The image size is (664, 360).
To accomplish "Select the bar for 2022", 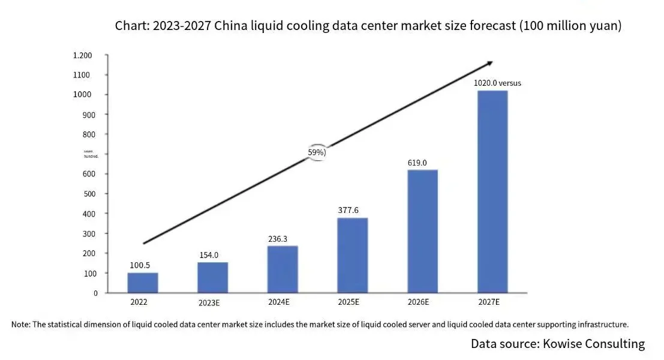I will coord(143,283).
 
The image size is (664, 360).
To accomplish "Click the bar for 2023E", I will coord(212,277).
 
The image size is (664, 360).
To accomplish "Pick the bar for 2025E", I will coord(352,255).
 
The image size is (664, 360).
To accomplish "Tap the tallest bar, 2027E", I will coord(492,191).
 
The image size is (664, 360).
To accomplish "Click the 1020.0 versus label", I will coord(497,83).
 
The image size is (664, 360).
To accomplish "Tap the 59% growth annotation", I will coord(317,152).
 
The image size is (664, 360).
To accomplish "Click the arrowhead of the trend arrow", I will coord(489,63).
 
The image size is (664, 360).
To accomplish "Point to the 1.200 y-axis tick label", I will coord(82,56).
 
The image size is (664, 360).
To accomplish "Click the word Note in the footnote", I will coord(20,325).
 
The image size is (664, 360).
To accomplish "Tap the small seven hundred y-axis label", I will coord(91,153).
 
